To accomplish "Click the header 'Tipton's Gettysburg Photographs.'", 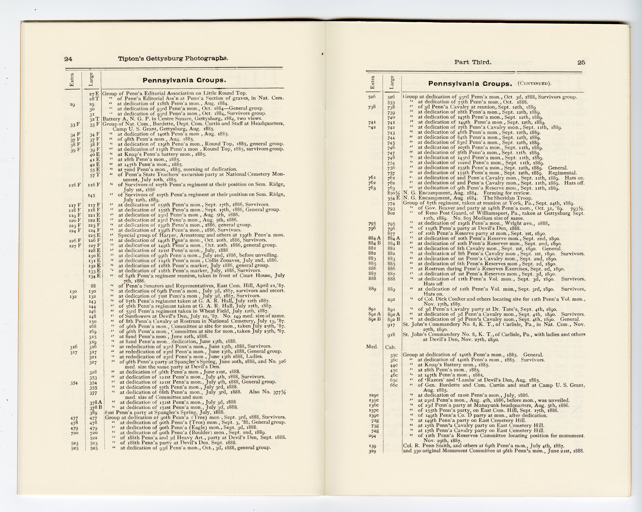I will click(x=173, y=58).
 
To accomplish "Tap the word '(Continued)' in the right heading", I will click(x=535, y=83).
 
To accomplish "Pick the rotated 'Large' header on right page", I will click(x=392, y=82).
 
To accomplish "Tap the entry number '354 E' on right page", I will click(x=393, y=198).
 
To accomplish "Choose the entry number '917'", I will click(x=391, y=325).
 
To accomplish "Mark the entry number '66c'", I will click(x=394, y=385).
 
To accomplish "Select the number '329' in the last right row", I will click(x=372, y=451).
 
